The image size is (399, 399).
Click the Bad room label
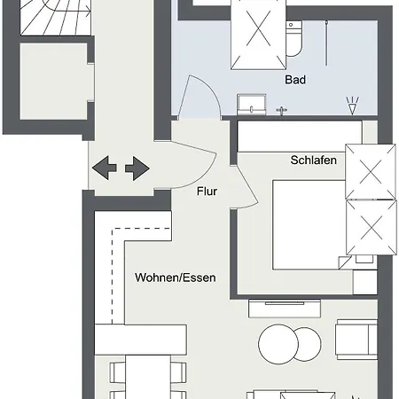coord(295,80)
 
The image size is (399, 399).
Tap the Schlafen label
coord(314,160)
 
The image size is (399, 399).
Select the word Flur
coord(207,192)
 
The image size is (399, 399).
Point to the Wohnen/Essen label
coord(176,278)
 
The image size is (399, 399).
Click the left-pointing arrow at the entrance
coord(105,168)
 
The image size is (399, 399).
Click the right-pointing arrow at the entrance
coord(137,168)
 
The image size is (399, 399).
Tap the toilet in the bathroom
coord(293,38)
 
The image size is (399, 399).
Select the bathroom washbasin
coord(252,105)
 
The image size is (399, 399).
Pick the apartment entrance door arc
coord(204,175)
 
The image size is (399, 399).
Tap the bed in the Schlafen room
coord(309,224)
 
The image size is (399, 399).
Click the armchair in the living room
coord(356,340)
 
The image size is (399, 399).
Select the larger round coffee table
coord(278,344)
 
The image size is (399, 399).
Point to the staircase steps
coord(56,18)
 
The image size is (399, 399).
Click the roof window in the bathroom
coord(258,34)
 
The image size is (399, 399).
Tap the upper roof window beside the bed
coord(371,172)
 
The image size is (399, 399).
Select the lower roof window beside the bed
coord(372,228)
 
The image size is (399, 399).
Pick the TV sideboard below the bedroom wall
coord(285,309)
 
